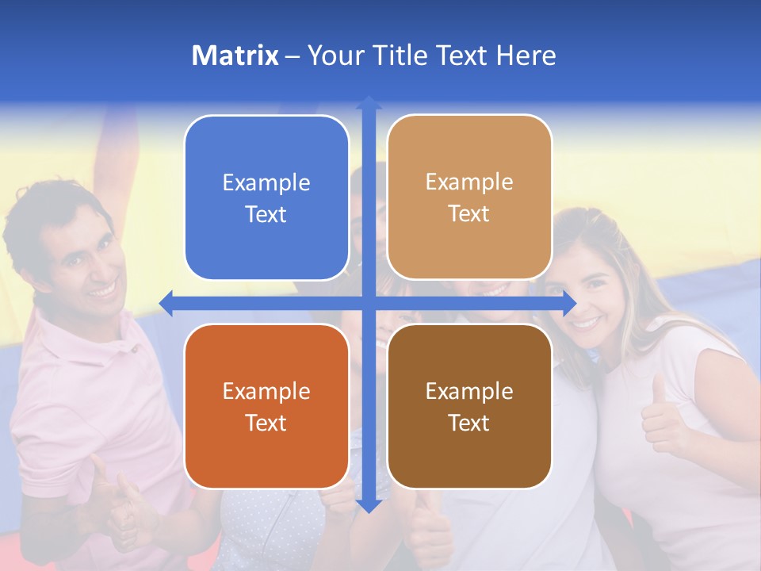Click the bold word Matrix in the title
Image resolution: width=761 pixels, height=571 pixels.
pos(235,56)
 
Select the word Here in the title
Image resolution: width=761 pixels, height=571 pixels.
pos(526,56)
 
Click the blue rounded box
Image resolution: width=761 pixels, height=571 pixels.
pos(266,198)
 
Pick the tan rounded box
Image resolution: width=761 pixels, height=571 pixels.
pos(469,197)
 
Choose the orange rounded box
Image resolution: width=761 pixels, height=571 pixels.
pos(266,406)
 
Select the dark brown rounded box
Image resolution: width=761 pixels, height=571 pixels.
pos(469,406)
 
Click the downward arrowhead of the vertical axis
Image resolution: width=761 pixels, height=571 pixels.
pos(369,505)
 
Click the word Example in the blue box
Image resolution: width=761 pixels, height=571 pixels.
pos(266,183)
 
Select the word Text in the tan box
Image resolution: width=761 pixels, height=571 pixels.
pos(469,214)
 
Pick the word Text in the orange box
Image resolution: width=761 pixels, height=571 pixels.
pos(266,423)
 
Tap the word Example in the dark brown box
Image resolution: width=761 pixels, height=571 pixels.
pos(469,391)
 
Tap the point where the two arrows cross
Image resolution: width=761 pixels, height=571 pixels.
pos(369,303)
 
